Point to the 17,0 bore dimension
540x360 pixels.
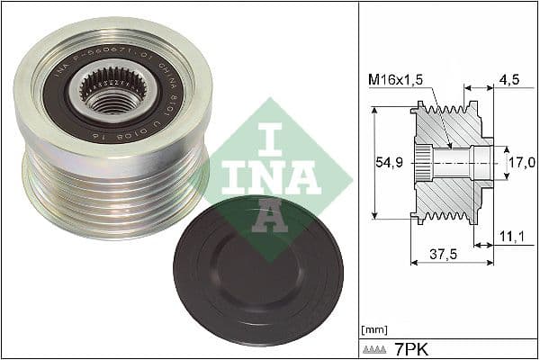pos(523,162)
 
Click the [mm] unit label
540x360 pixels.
pos(373,330)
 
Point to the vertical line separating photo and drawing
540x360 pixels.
pos(357,180)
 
